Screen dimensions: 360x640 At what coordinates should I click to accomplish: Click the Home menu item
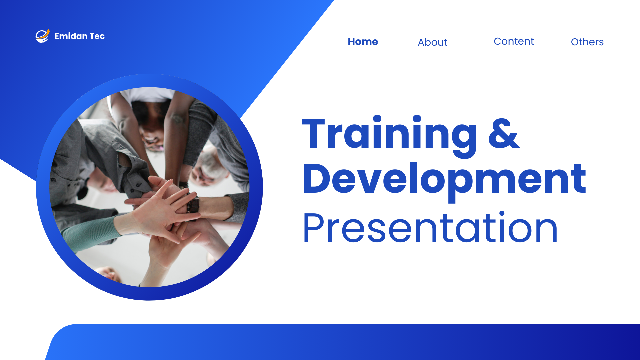click(x=363, y=42)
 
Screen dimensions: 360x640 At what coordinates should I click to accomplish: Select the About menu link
click(x=432, y=42)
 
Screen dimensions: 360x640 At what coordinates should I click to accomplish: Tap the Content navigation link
click(x=514, y=41)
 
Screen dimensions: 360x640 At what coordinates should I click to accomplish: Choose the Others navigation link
click(x=587, y=42)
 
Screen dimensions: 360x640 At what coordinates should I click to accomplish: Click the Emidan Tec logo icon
click(x=43, y=36)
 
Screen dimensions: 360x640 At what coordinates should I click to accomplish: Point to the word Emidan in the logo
click(x=71, y=36)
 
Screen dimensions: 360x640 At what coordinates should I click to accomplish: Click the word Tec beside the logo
click(x=97, y=36)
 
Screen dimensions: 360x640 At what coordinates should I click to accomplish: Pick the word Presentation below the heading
click(x=430, y=228)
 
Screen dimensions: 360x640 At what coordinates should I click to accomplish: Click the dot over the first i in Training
click(x=377, y=119)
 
